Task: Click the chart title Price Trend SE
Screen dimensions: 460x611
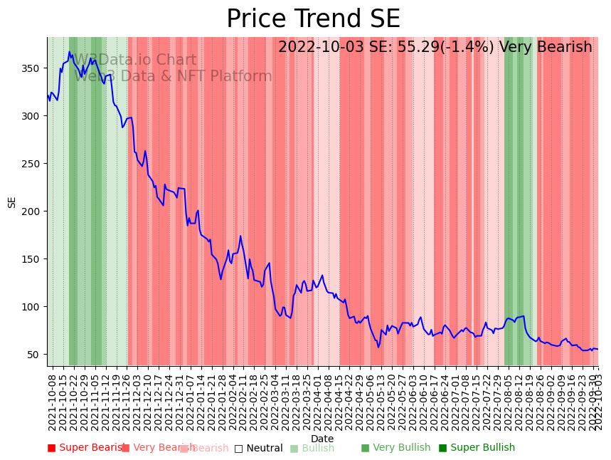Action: coord(313,19)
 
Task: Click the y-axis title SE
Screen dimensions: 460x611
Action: coord(11,202)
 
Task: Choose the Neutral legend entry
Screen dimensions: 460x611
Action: coord(259,448)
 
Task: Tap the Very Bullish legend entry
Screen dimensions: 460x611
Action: coord(395,448)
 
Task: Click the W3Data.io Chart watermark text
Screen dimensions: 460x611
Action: coord(135,61)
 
